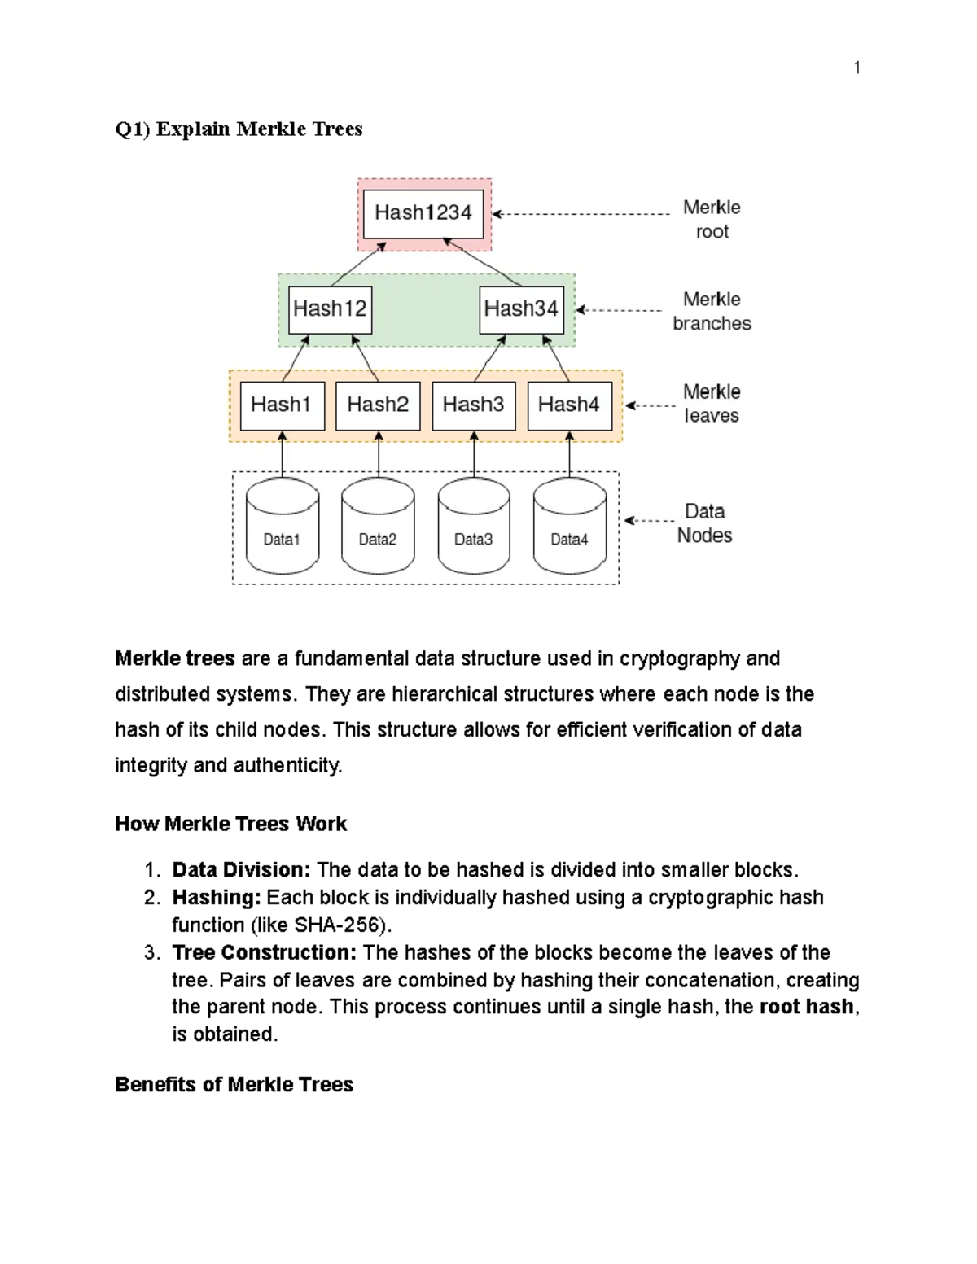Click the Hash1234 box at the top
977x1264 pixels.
pos(423,213)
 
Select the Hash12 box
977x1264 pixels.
pos(330,309)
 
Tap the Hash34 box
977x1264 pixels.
pos(521,309)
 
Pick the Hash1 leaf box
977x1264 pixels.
pos(282,405)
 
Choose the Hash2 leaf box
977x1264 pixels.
pos(378,405)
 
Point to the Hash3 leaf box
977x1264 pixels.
pos(473,405)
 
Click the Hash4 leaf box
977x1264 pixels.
pos(569,405)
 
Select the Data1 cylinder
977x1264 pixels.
pos(282,527)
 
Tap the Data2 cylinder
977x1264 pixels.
pos(378,527)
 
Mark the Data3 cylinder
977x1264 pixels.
pos(473,527)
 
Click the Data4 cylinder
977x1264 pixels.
pos(569,527)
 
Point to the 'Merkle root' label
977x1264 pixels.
pos(712,219)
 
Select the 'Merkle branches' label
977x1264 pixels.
pos(712,311)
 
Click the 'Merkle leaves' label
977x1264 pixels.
pos(712,404)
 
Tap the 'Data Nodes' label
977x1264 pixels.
pos(704,523)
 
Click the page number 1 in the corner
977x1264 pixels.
pos(857,68)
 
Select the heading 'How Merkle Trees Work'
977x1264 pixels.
pos(230,824)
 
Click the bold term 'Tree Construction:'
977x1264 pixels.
pos(264,952)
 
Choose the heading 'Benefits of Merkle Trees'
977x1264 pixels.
pos(234,1085)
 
